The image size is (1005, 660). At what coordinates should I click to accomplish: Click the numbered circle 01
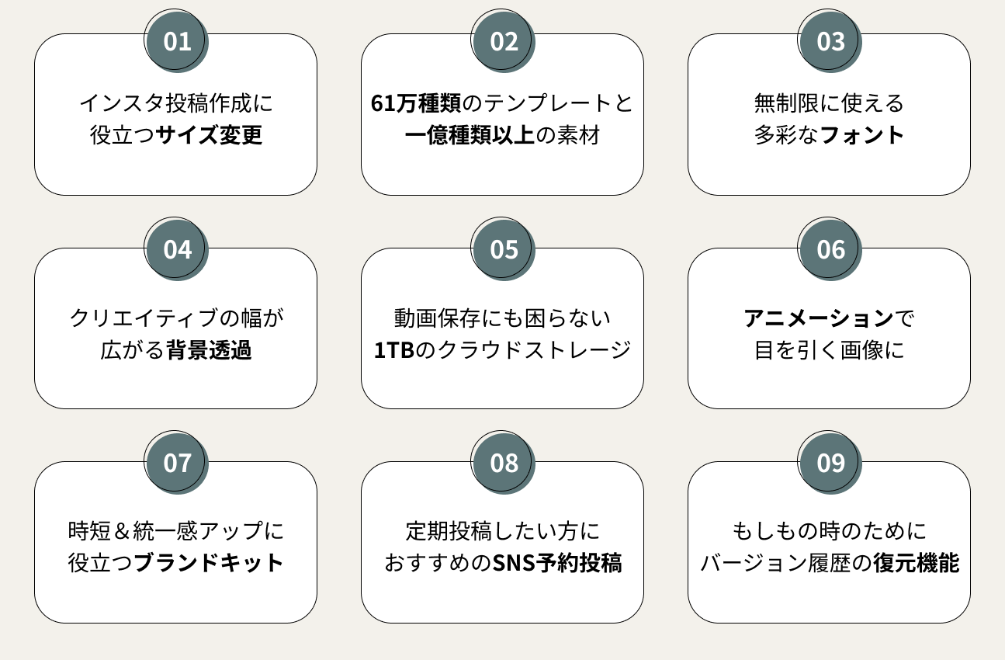tap(177, 40)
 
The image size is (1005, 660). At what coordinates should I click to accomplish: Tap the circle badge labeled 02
tap(504, 40)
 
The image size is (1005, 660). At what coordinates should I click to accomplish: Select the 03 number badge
tap(830, 40)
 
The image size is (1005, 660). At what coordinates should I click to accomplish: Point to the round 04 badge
tap(177, 249)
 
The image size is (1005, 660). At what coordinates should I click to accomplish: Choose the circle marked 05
tap(504, 249)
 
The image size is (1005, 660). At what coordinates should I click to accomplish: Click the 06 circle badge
tap(830, 249)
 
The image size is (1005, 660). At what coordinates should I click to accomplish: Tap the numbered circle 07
tap(177, 463)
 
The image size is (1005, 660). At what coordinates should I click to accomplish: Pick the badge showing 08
tap(504, 463)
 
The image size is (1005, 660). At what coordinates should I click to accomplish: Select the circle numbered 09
tap(830, 463)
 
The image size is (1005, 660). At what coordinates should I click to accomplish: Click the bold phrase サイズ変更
tap(209, 136)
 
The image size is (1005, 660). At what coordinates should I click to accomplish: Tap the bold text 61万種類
tap(416, 103)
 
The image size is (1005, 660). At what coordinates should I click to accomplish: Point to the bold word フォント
tap(862, 136)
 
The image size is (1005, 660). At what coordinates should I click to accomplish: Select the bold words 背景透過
tap(209, 350)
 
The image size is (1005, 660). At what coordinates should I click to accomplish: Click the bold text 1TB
tap(394, 350)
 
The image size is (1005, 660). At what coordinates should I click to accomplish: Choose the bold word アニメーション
tap(819, 318)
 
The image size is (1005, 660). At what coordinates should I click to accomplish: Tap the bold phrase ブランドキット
tap(209, 564)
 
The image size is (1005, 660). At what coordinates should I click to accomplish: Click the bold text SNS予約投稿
tap(557, 564)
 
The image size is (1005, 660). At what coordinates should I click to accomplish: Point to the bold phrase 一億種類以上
tap(470, 136)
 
